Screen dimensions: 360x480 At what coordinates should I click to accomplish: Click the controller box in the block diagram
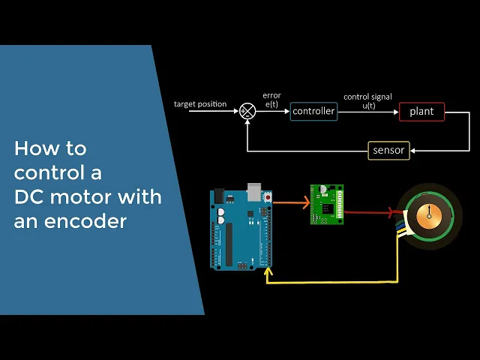click(x=313, y=111)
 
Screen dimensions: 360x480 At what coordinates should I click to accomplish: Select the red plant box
click(x=421, y=112)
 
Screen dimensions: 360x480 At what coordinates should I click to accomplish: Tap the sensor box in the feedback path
click(x=388, y=150)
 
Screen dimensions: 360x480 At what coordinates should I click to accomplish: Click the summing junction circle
click(x=247, y=112)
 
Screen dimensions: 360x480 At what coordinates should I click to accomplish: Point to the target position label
click(x=200, y=104)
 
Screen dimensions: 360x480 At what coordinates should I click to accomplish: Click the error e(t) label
click(x=271, y=100)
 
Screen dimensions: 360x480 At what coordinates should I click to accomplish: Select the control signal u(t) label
click(x=367, y=101)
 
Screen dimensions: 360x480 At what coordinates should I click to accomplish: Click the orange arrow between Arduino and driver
click(x=291, y=202)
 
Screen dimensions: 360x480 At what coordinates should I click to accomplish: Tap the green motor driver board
click(x=327, y=204)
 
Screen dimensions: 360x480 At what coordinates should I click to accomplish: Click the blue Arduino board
click(x=240, y=229)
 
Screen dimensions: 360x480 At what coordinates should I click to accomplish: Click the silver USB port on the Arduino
click(x=255, y=193)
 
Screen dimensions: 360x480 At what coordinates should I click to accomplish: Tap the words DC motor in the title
click(x=60, y=197)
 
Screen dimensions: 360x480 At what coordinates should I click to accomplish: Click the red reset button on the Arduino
click(x=267, y=195)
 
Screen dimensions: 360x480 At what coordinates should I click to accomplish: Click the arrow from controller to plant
click(x=367, y=112)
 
